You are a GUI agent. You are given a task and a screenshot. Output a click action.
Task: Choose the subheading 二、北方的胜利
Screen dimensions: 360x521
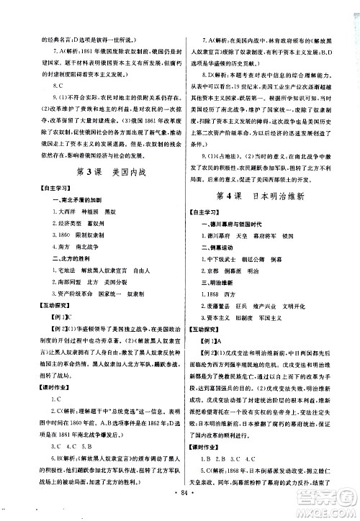43,263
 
